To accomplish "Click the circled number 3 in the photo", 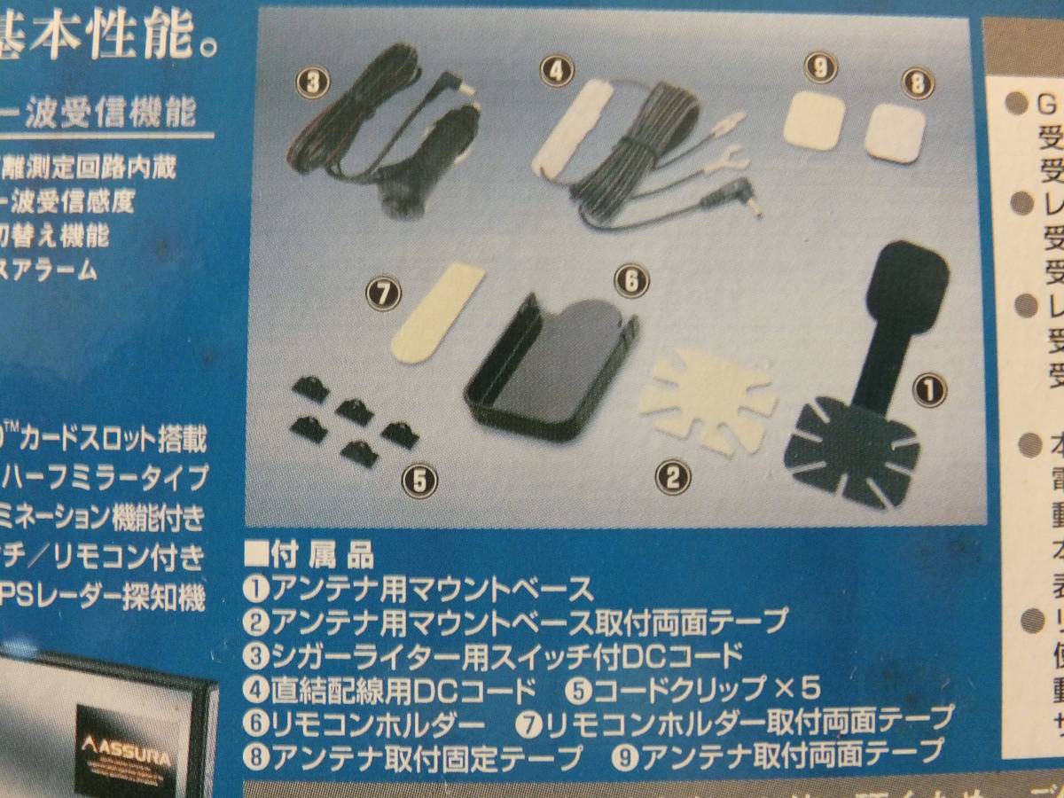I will (312, 83).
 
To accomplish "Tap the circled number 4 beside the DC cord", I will (557, 72).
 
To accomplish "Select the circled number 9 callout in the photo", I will (821, 67).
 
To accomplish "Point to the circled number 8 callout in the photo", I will (918, 84).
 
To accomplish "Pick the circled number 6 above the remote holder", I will (632, 282).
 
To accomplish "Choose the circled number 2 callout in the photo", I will (672, 478).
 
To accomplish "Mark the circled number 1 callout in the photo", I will (929, 388).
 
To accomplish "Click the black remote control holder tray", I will (550, 363).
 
